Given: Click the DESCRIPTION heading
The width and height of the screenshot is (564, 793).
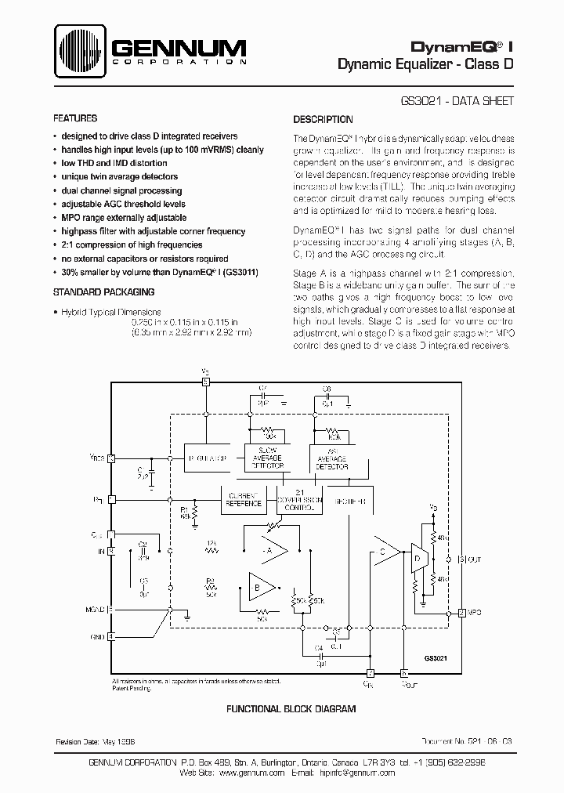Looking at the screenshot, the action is pos(323,120).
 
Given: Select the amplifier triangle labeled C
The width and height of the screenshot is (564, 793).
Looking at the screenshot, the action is pos(384,552).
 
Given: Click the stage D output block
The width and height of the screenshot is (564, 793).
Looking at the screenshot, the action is pos(417,559).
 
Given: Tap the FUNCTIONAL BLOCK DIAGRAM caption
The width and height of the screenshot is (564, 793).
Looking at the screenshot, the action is pos(291,708).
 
